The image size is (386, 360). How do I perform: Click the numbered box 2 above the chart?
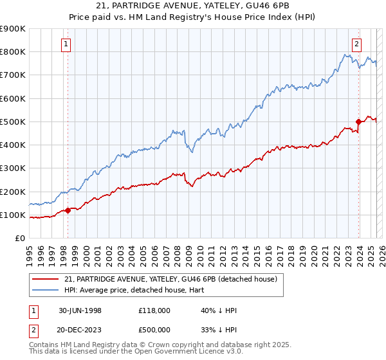[x=356, y=44]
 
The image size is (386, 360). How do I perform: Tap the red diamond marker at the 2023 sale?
[x=358, y=122]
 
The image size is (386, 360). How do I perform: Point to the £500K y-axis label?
[x=13, y=122]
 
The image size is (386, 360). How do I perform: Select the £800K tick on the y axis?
[x=13, y=51]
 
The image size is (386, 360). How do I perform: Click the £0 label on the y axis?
[x=20, y=238]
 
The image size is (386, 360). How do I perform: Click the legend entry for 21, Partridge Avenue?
[x=170, y=279]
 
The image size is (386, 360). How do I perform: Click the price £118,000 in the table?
[x=154, y=310]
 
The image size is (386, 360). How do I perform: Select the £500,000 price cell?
[x=154, y=329]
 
